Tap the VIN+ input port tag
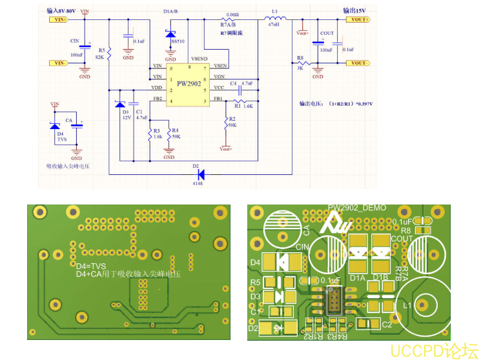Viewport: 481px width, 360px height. [x=58, y=19]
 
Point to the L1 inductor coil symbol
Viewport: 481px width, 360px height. [x=274, y=19]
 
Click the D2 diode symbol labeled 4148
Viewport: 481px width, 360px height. [x=200, y=174]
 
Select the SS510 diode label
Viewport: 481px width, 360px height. [x=177, y=41]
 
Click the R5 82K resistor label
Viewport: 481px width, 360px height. [x=100, y=54]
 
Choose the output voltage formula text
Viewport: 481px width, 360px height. [x=336, y=103]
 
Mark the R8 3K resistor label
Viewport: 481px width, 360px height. [x=300, y=63]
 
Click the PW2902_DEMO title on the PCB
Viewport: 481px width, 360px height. [x=357, y=208]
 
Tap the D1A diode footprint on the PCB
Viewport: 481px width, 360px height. [x=359, y=254]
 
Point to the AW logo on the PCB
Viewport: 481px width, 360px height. [x=339, y=224]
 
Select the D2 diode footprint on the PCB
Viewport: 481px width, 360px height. [x=278, y=328]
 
